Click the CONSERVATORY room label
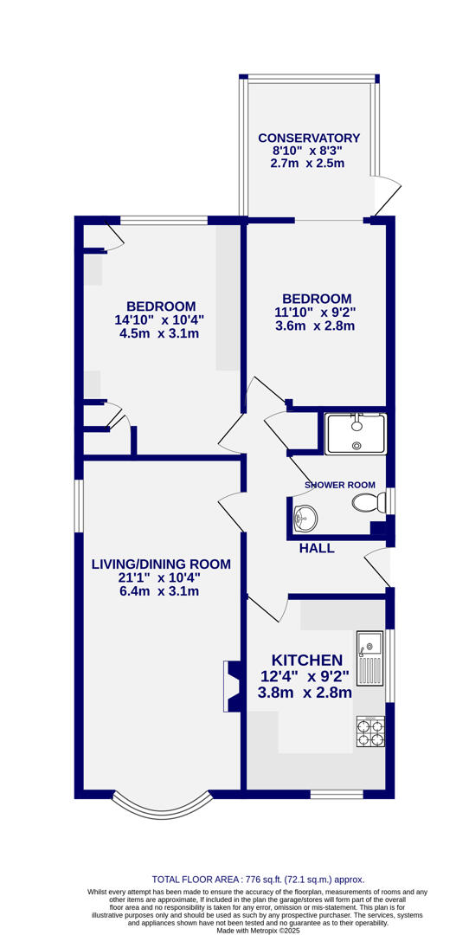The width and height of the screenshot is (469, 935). click(309, 138)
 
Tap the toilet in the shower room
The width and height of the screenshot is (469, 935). click(369, 502)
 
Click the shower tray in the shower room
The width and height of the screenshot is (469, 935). click(356, 434)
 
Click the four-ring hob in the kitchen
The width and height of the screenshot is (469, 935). click(370, 732)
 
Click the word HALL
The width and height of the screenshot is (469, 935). click(317, 548)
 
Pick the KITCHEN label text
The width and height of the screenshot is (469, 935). click(307, 661)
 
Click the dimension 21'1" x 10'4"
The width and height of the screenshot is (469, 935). click(161, 578)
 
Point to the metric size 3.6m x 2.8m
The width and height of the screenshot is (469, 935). click(315, 326)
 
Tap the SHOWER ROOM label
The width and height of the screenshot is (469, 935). click(340, 485)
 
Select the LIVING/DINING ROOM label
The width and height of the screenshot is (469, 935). click(161, 564)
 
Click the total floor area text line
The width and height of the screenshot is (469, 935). click(258, 879)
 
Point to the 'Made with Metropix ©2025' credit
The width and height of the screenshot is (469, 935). click(258, 930)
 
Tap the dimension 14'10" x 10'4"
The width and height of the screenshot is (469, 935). click(160, 320)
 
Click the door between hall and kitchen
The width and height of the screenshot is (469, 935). click(267, 609)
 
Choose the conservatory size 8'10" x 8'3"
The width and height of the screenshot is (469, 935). click(308, 151)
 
